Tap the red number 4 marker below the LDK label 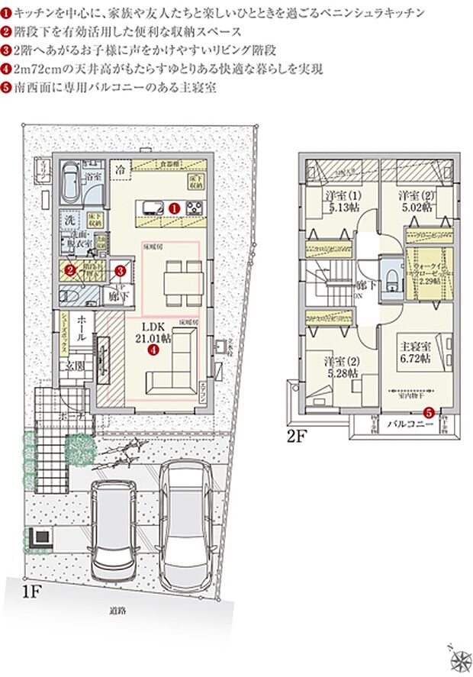[153, 350]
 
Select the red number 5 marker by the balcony [428, 413]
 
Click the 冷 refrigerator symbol [120, 169]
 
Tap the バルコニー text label [404, 423]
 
